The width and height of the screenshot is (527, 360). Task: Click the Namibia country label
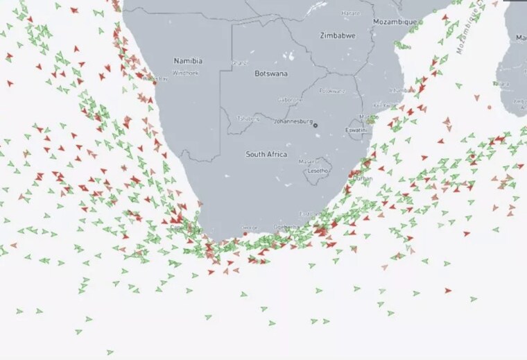point(188,61)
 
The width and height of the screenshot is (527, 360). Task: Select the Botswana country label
point(271,73)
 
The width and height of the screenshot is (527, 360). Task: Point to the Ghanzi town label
point(240,62)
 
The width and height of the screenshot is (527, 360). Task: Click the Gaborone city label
point(290,100)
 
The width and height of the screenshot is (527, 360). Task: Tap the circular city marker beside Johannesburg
point(316,125)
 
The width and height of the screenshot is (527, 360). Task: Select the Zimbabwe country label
point(338,35)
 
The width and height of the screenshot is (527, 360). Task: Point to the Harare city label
point(351,12)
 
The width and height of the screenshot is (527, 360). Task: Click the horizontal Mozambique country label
point(395,22)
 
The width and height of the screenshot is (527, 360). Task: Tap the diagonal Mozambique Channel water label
point(469,31)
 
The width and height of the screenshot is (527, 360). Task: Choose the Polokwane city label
point(331,91)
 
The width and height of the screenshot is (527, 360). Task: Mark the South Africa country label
point(266,154)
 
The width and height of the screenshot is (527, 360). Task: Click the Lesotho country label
point(318,170)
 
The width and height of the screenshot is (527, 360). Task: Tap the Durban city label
point(363,178)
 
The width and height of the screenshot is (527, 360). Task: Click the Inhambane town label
point(397,89)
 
